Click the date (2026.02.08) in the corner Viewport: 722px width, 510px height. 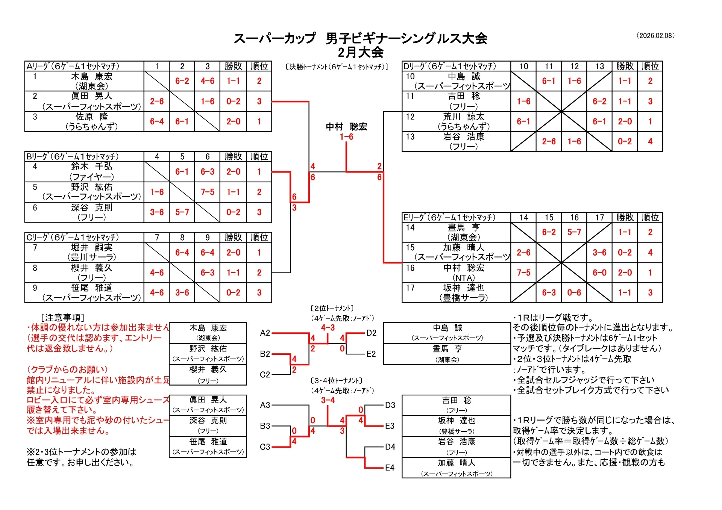click(x=655, y=36)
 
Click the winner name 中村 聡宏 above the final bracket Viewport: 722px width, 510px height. click(x=346, y=127)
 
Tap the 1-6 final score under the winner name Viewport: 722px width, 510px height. click(x=346, y=137)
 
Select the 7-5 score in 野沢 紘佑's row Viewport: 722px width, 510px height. click(x=207, y=192)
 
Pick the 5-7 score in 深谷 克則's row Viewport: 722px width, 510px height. click(x=182, y=212)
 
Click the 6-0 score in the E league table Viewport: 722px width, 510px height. click(x=599, y=273)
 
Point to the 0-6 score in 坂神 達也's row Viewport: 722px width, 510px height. click(x=574, y=293)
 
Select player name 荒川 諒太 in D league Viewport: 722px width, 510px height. click(x=464, y=117)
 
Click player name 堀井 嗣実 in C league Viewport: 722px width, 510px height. click(x=92, y=247)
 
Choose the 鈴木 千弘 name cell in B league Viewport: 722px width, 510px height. click(x=92, y=166)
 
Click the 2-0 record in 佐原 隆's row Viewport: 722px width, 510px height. click(x=233, y=121)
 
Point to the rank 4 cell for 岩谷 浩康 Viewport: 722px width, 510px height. click(x=650, y=142)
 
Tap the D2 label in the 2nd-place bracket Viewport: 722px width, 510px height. click(x=371, y=333)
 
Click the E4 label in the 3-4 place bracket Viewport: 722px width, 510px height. click(x=390, y=468)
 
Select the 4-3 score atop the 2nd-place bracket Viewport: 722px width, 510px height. click(x=328, y=328)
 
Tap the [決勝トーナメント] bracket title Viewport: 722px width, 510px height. click(x=337, y=67)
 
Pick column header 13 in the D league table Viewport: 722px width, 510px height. click(x=599, y=66)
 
